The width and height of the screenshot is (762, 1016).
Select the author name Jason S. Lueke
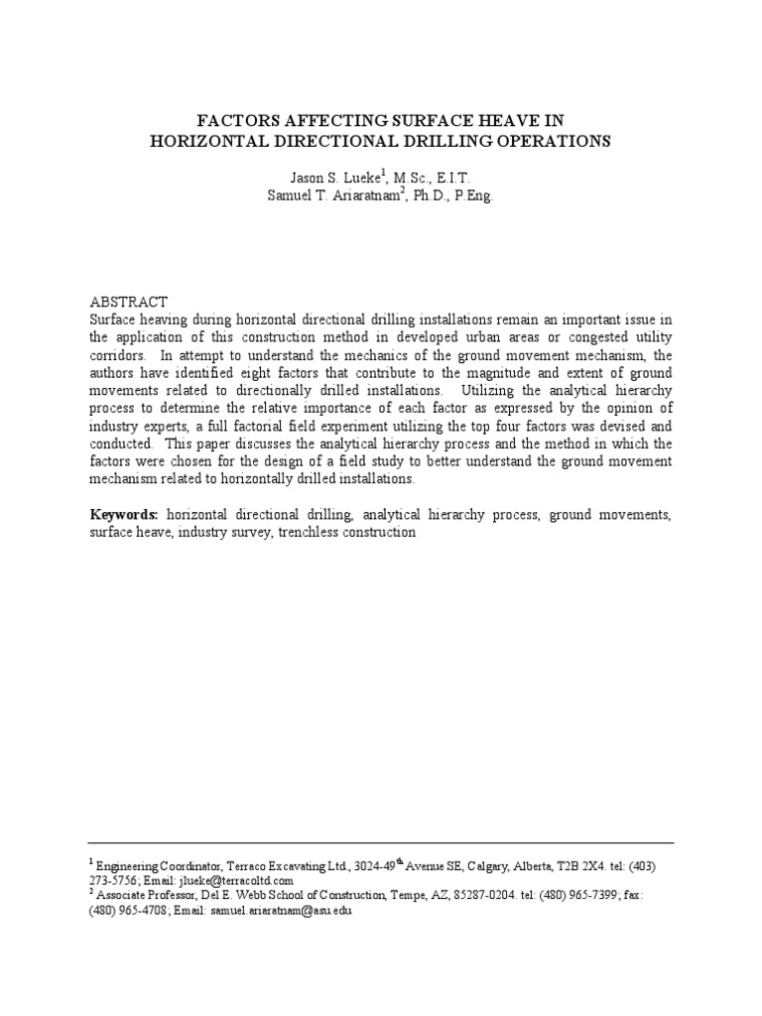[323, 177]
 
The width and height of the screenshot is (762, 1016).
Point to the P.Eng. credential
[465, 195]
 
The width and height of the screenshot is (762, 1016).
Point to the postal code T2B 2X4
[574, 866]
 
